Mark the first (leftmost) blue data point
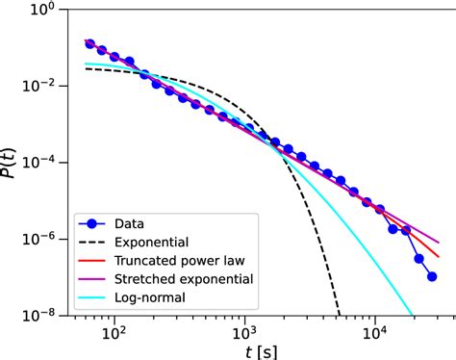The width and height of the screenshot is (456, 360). pos(89,43)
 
